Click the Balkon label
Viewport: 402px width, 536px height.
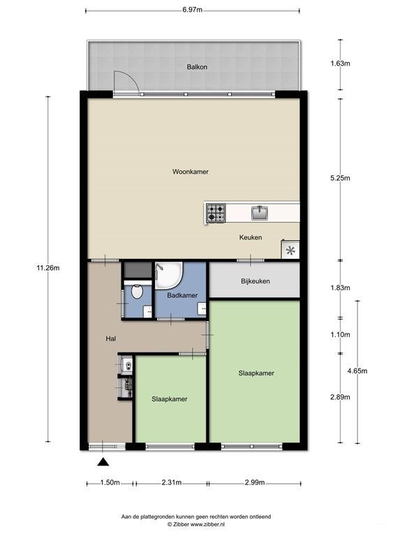coord(197,67)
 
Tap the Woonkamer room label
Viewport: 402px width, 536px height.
coord(191,172)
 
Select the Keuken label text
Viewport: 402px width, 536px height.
coord(251,237)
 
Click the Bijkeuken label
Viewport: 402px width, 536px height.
coord(255,281)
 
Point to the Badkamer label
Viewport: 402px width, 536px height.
coord(182,295)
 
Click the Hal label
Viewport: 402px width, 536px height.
coord(111,338)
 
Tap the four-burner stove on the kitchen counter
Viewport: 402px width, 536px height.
coord(216,213)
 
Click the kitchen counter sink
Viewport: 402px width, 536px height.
coord(260,213)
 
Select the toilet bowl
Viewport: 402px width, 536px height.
coord(137,292)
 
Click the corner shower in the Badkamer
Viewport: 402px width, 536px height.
coord(168,275)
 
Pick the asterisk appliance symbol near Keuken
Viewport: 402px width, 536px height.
coord(290,251)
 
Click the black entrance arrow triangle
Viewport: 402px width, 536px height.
coord(103,462)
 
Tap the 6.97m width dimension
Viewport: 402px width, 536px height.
coord(192,10)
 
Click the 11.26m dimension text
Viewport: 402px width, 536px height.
coord(48,268)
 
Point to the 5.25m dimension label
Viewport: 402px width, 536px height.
coord(340,178)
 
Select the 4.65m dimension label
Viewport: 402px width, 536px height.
coord(357,371)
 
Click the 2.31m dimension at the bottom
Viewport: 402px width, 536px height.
coord(172,483)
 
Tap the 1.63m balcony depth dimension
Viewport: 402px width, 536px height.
coord(340,64)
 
